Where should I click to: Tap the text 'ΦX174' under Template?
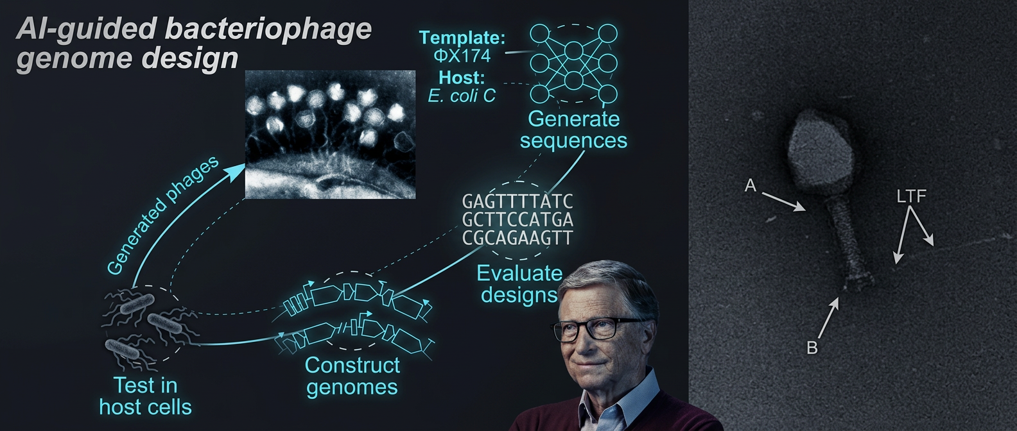click(462, 56)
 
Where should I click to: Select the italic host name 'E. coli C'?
click(462, 96)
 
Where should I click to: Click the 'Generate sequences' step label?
click(573, 130)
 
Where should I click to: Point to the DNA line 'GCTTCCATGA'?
click(517, 220)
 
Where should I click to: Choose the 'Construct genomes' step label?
click(352, 376)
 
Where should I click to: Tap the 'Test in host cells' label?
click(145, 396)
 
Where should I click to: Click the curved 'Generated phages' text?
click(162, 215)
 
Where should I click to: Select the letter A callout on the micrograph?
click(750, 185)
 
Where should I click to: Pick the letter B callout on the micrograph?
click(812, 348)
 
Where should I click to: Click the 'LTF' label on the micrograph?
click(911, 196)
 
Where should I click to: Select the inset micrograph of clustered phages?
click(330, 134)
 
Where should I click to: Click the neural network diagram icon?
click(574, 64)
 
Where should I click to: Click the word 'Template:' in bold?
click(462, 38)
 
